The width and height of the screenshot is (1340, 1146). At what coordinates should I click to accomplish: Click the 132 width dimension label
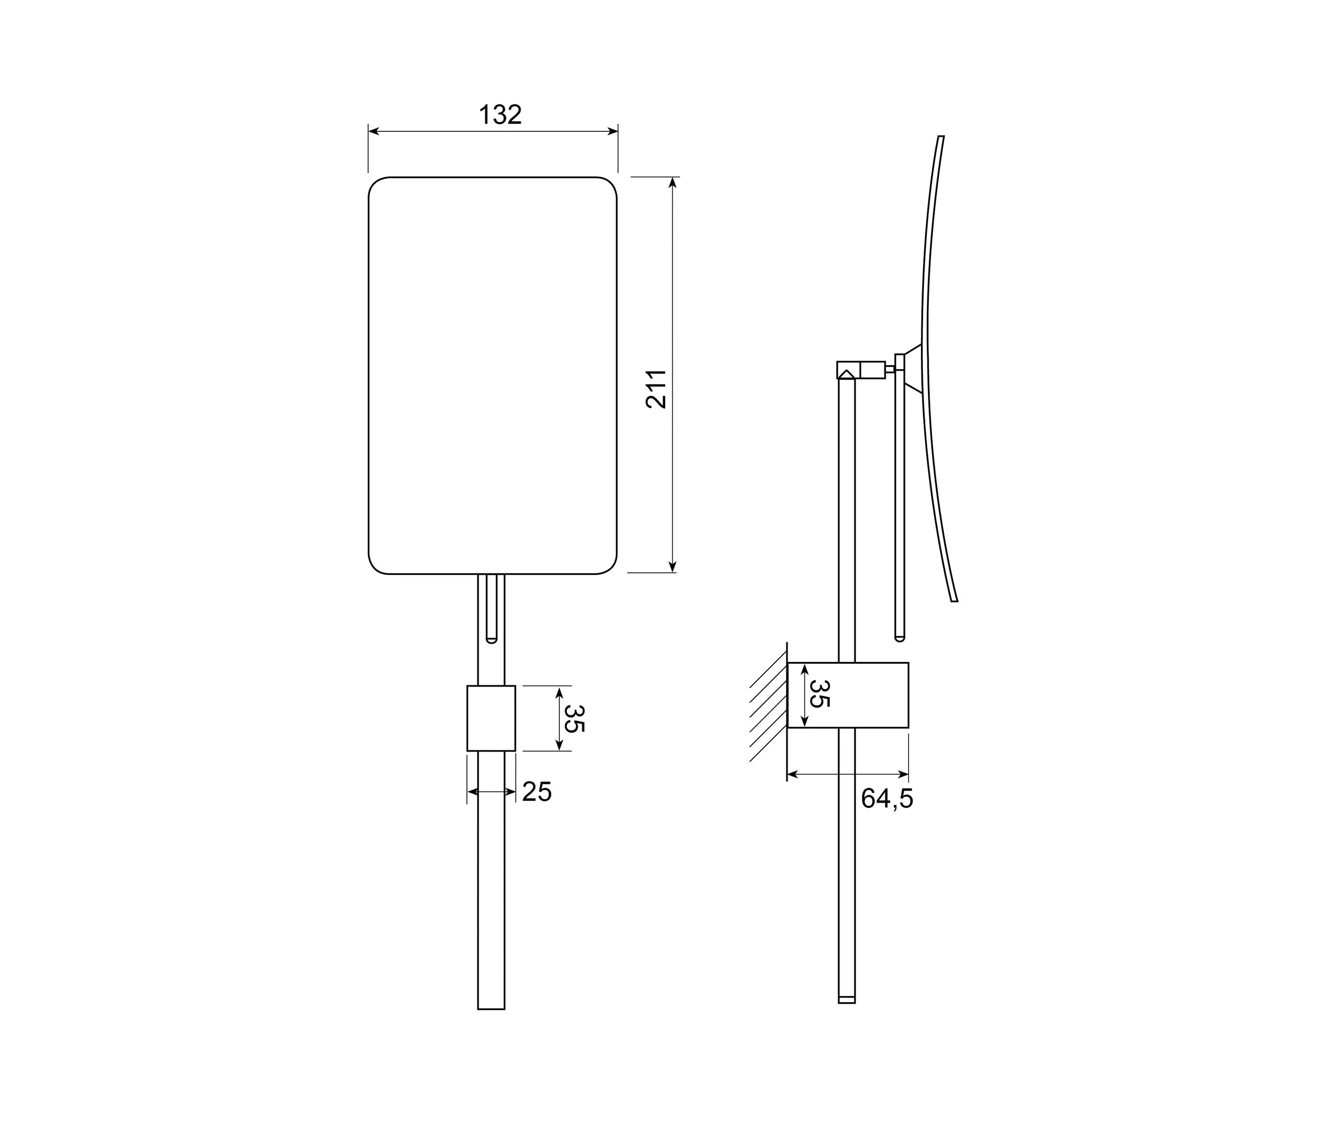[500, 114]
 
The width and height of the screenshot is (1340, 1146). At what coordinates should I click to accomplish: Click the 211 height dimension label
[657, 388]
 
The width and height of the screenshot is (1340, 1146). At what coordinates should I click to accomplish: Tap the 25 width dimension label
[537, 792]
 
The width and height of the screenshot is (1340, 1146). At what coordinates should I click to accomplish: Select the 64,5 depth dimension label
[887, 799]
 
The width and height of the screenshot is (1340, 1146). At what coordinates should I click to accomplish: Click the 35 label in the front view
[574, 718]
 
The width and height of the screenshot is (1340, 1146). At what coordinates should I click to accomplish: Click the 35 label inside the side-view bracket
[819, 694]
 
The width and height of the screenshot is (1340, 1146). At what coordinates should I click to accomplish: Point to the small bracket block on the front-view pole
[491, 718]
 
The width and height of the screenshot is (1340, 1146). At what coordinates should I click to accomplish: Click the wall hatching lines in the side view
[768, 712]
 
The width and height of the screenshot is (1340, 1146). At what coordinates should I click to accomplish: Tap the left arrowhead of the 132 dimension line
[373, 131]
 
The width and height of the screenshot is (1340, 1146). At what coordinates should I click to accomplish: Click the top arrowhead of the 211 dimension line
[673, 182]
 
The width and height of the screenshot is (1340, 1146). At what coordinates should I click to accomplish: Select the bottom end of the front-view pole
[491, 1007]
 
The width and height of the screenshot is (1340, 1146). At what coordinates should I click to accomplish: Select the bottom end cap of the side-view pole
[846, 1000]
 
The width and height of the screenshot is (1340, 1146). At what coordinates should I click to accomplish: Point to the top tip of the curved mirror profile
[941, 137]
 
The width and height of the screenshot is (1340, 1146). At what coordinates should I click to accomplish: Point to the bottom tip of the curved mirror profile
[954, 601]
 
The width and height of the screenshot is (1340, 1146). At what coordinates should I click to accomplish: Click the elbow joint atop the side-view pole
[848, 370]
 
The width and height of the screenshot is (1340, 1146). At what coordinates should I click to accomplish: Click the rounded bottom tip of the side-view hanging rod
[899, 638]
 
